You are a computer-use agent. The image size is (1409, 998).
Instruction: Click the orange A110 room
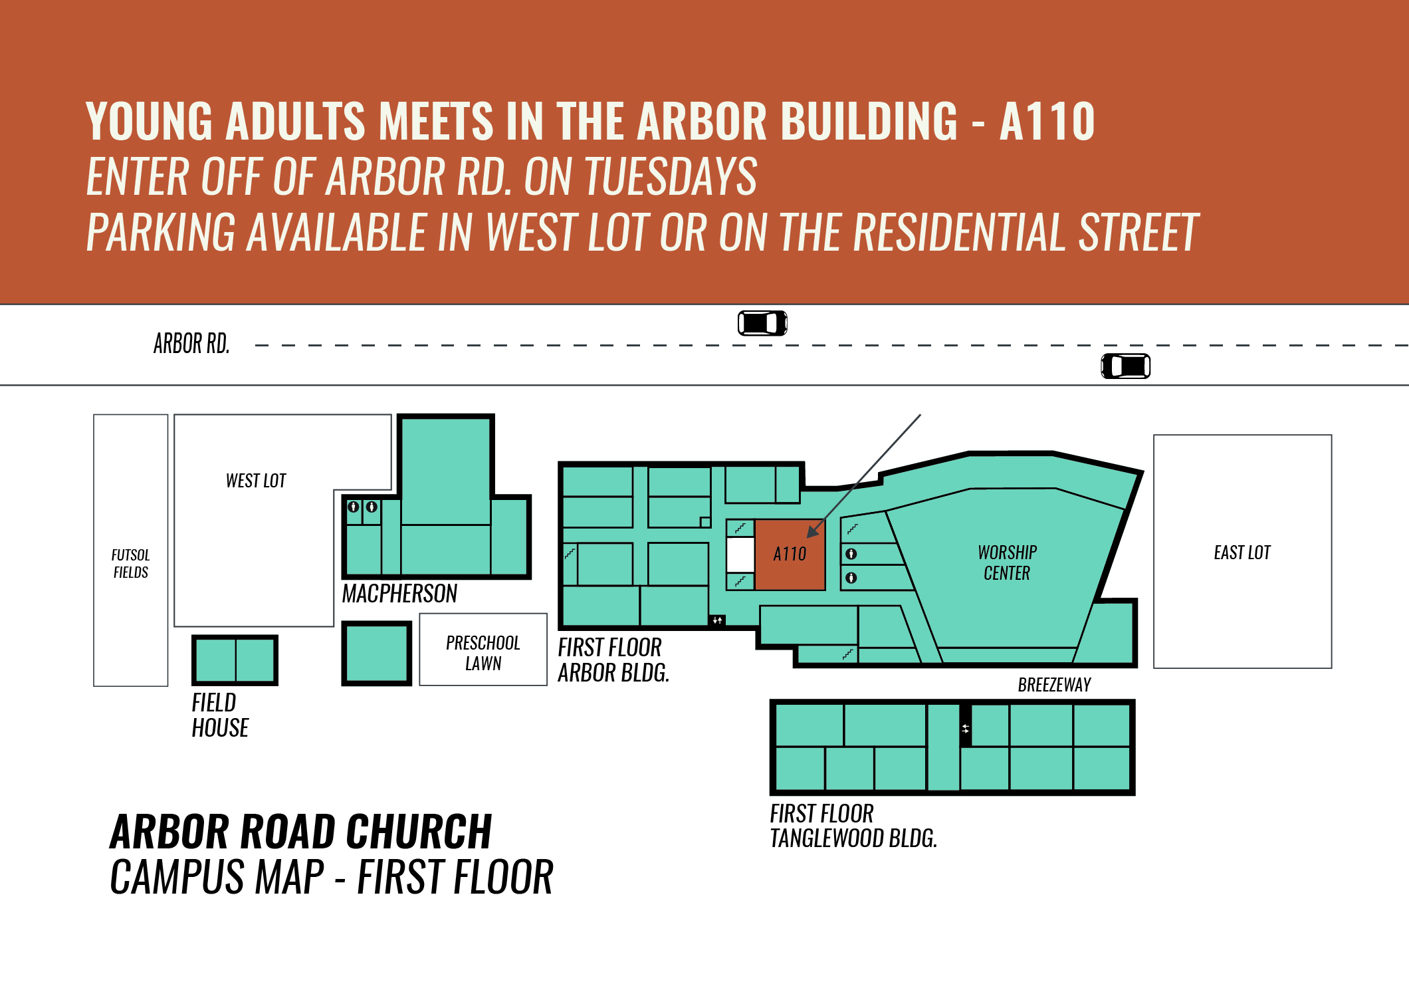(790, 555)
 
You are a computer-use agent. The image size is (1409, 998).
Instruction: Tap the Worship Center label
(1007, 562)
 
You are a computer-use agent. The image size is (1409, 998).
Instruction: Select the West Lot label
(256, 481)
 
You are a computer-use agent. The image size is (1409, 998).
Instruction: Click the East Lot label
(1242, 553)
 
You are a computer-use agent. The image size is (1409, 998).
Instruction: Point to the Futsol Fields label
(131, 563)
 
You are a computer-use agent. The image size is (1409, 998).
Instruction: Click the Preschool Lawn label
(483, 653)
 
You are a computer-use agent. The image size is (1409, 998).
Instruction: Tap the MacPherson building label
(399, 594)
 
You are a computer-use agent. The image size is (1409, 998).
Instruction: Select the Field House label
(220, 715)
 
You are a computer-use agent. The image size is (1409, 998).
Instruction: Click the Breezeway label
(1054, 685)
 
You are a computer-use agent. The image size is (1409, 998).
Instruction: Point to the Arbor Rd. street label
(191, 344)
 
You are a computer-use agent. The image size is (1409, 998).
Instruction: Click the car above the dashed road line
(762, 323)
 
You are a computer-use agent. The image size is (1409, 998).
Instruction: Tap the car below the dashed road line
(1126, 366)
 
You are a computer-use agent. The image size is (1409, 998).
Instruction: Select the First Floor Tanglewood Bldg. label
(853, 826)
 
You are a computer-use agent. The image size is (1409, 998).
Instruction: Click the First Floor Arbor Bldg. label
(613, 660)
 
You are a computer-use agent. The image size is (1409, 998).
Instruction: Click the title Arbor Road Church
(300, 832)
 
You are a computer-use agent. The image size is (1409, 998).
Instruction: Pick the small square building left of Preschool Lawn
(377, 654)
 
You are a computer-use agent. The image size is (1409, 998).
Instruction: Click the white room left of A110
(740, 555)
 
